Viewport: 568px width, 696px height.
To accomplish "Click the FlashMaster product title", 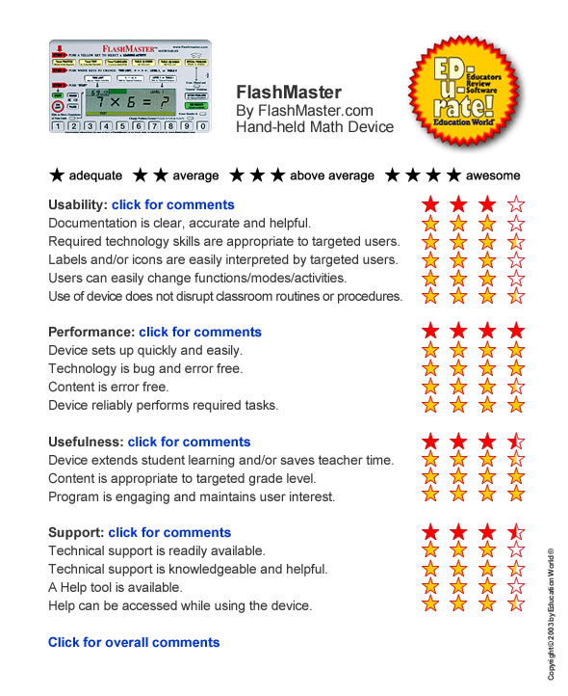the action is coord(289,93).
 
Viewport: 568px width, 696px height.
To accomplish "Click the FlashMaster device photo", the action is coord(129,87).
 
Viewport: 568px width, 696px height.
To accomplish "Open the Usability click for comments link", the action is coord(173,204).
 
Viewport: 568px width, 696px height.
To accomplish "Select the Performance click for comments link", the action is coord(200,332).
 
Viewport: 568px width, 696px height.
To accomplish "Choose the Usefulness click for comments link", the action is coord(190,442).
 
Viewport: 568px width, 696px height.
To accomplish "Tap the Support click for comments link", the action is coord(170,532).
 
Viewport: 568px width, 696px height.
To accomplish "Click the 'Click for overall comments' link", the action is coord(134,642).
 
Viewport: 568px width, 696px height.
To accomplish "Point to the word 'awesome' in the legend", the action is coord(493,175).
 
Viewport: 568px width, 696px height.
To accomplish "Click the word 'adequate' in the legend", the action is coord(99,175).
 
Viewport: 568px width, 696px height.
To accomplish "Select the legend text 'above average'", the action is coord(334,175).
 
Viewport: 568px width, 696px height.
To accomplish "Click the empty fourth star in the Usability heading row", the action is coord(517,204).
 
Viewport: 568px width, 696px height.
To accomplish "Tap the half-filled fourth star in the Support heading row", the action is coord(517,532).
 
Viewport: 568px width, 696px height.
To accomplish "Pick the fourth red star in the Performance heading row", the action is coord(517,332).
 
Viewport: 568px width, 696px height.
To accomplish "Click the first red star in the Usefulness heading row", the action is coord(430,442).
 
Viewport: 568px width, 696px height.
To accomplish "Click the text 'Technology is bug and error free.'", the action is coord(145,368).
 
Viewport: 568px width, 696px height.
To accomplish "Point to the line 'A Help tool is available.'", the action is coord(128,587).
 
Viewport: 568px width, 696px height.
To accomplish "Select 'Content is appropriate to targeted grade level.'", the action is coord(182,478).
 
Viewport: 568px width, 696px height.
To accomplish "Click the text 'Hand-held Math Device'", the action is coord(315,127).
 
